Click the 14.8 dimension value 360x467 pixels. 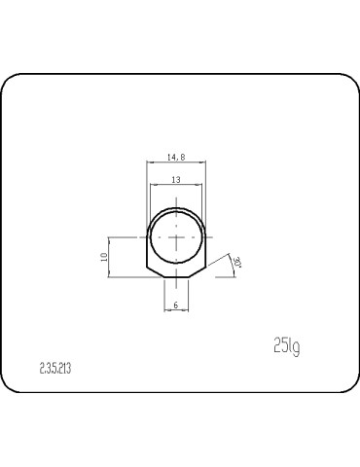click(176, 156)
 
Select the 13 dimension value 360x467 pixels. click(175, 180)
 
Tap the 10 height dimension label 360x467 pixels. click(103, 257)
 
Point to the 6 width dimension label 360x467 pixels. click(175, 305)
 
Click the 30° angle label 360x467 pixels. click(236, 263)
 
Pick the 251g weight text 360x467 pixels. click(286, 345)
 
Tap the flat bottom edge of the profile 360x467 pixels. click(176, 276)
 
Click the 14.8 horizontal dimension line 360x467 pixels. click(176, 162)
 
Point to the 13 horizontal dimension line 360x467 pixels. click(176, 187)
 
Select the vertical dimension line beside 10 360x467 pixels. click(110, 257)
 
